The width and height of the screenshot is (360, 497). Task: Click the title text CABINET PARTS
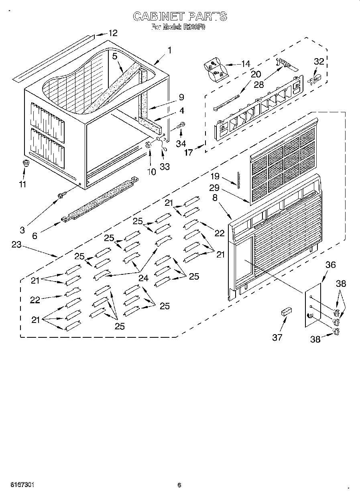point(179,16)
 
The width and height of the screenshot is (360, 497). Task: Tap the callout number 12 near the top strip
point(113,33)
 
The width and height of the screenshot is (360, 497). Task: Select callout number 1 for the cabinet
point(170,50)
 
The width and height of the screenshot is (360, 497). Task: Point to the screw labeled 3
point(61,195)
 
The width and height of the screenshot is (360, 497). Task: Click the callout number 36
point(330,265)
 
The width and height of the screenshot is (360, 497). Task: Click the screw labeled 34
point(181,126)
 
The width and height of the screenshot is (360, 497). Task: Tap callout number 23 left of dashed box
point(16,245)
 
